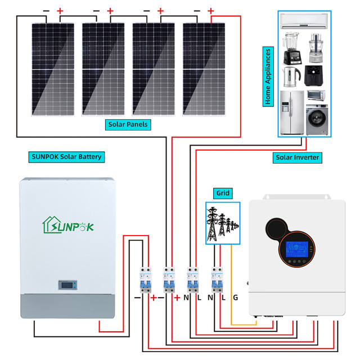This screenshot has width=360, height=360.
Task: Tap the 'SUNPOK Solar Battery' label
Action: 66,156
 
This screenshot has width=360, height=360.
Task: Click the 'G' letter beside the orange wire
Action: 235,297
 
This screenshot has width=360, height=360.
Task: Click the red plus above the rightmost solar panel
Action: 211,11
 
